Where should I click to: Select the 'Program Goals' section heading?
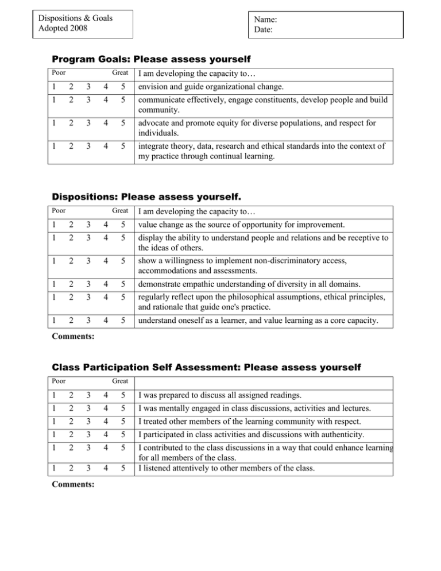(x=152, y=59)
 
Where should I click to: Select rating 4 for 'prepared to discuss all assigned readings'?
(x=105, y=396)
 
